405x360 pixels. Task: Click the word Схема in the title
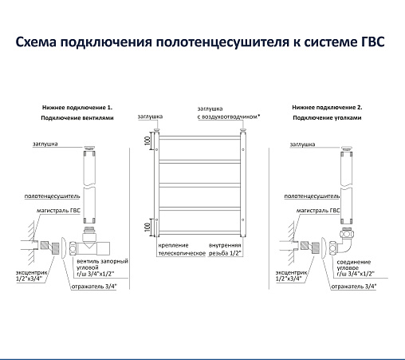pyautogui.click(x=36, y=42)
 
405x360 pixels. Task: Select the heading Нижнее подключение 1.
pyautogui.click(x=77, y=108)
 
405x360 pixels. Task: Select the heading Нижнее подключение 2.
pyautogui.click(x=327, y=108)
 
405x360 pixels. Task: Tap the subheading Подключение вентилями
pyautogui.click(x=77, y=118)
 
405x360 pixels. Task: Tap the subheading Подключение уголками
pyautogui.click(x=327, y=118)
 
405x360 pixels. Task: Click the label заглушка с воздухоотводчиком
pyautogui.click(x=229, y=113)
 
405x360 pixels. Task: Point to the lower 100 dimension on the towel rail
pyautogui.click(x=147, y=227)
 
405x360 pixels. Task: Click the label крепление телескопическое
pyautogui.click(x=182, y=249)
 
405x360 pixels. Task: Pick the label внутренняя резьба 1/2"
pyautogui.click(x=225, y=249)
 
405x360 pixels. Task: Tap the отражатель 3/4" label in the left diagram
pyautogui.click(x=94, y=287)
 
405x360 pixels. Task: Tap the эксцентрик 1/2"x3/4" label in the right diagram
pyautogui.click(x=291, y=275)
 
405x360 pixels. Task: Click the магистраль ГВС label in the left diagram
pyautogui.click(x=58, y=211)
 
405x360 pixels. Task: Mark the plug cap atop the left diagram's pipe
pyautogui.click(x=89, y=148)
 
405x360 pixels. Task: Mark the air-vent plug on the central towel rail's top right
pyautogui.click(x=243, y=130)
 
